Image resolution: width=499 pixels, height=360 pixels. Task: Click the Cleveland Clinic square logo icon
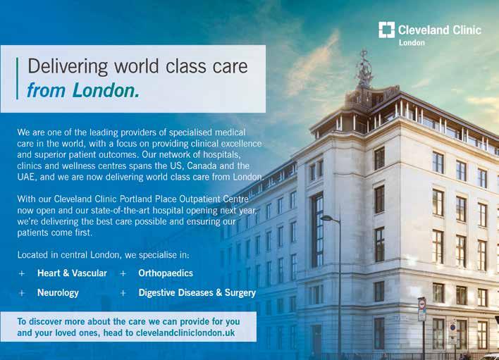tap(387, 30)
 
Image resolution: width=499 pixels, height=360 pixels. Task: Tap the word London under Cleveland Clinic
tap(412, 42)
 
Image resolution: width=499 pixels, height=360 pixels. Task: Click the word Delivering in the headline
tap(68, 66)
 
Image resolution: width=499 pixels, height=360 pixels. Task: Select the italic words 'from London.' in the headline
tap(83, 90)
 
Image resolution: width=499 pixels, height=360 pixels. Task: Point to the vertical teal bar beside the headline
tap(17, 78)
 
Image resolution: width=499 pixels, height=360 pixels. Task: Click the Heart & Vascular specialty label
tap(72, 273)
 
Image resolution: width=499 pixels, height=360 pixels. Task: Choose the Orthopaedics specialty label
tap(166, 273)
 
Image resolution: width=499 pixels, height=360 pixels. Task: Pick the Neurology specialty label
tap(58, 293)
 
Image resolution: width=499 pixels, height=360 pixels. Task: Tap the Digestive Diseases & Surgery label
tap(197, 293)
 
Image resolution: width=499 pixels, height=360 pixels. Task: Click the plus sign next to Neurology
tap(22, 293)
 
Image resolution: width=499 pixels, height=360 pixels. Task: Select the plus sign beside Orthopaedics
tap(123, 273)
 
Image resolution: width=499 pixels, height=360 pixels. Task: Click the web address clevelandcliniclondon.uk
tap(185, 333)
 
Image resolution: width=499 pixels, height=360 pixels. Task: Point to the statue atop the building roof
tap(364, 69)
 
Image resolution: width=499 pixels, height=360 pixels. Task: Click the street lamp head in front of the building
tap(326, 218)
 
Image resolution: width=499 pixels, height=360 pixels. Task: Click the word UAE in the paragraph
tap(25, 177)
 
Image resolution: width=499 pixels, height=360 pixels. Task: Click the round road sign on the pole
tap(422, 304)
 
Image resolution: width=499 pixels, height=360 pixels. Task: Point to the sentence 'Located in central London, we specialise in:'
tap(103, 255)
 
